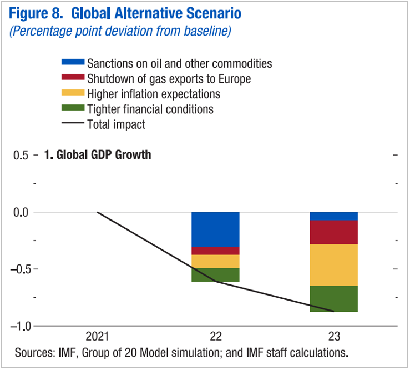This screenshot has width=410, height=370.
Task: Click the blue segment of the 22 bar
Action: click(x=215, y=229)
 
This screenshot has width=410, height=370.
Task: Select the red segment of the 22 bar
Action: click(x=215, y=251)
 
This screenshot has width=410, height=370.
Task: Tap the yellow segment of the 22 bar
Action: click(x=215, y=262)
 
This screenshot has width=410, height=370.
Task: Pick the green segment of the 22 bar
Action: click(x=215, y=275)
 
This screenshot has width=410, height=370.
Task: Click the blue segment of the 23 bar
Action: click(x=333, y=216)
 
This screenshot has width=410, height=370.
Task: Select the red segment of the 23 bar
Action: click(x=333, y=232)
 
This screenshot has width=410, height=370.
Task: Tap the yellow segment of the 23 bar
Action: click(x=333, y=265)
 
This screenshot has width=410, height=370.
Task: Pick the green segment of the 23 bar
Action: click(x=333, y=299)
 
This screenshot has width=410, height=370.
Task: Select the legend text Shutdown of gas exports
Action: click(x=169, y=79)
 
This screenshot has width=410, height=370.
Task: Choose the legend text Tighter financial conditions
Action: click(x=150, y=109)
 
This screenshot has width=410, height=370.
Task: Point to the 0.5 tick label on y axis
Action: click(x=21, y=155)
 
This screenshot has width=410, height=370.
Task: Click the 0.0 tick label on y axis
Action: click(x=21, y=212)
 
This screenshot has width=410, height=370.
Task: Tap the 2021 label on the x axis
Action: click(x=98, y=337)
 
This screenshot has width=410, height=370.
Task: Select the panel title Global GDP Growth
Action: click(x=98, y=155)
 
